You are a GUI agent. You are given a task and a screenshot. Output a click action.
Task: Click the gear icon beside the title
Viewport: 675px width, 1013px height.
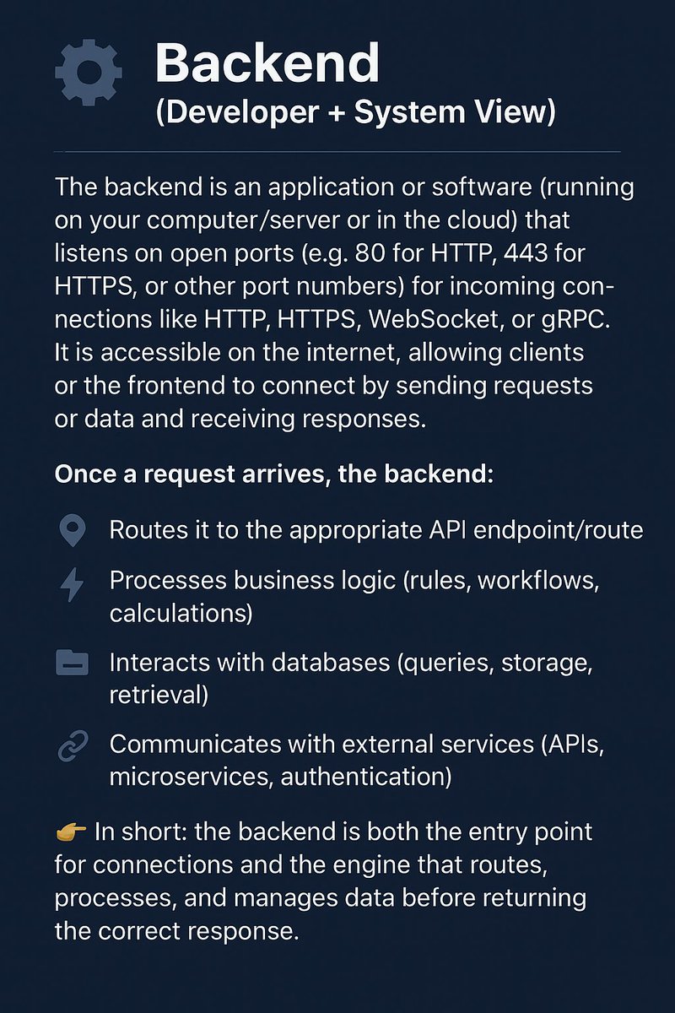88,73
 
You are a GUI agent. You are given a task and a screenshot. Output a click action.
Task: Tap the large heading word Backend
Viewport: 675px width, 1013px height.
267,63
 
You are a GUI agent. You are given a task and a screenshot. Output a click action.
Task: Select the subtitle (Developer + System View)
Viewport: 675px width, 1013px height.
355,112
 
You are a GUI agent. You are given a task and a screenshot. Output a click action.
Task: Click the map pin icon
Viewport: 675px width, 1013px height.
73,530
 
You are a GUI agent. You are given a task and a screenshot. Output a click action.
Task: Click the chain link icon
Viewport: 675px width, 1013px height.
73,746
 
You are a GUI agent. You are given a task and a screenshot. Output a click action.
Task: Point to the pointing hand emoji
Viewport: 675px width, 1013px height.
70,832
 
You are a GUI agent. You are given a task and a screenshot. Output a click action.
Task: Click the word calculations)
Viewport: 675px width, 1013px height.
181,613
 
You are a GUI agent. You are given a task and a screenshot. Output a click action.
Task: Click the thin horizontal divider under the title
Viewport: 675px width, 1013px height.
337,152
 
